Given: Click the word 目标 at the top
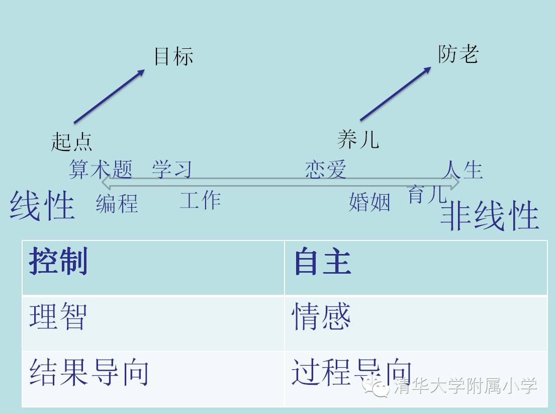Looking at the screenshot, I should point(173,56).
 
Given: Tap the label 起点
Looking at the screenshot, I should point(71,141).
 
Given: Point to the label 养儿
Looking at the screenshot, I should point(357,139).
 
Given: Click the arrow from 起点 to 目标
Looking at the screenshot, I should point(109,96).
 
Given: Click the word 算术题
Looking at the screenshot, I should point(100,170).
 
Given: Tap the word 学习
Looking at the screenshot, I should point(172,170).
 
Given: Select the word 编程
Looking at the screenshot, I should point(117,204).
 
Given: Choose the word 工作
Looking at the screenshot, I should point(200,200).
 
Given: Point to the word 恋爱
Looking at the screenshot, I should point(325,170).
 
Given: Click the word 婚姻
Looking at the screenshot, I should point(369,202).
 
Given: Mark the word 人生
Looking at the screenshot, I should point(462,170).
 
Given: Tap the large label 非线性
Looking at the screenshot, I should point(489,216).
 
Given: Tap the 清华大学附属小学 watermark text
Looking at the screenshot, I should point(465,386).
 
